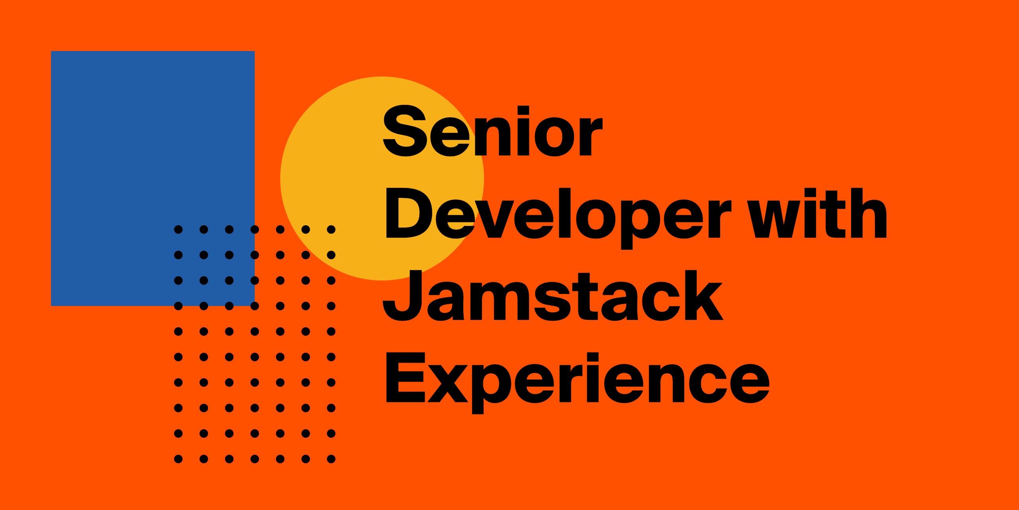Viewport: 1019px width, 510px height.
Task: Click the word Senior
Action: (x=492, y=131)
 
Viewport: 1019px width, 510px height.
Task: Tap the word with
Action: (x=817, y=213)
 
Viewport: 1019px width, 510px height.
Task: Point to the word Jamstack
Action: (x=552, y=296)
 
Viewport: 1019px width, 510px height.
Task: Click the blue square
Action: (x=153, y=178)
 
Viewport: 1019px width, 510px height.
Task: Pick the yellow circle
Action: (x=382, y=178)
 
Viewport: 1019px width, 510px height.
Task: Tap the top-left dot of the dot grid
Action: (x=178, y=229)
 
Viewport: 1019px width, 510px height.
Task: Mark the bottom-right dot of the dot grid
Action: (x=331, y=459)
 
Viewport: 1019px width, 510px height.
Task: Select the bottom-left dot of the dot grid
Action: (x=178, y=459)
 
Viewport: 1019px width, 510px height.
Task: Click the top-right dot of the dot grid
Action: (x=331, y=229)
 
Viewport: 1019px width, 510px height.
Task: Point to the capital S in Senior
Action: (x=405, y=131)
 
